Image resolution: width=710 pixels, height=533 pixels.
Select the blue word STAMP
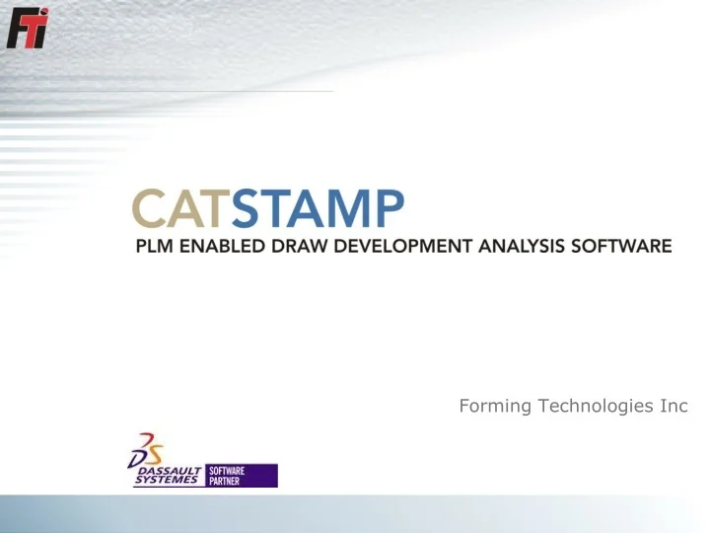[318, 210]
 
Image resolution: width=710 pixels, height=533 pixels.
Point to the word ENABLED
[222, 246]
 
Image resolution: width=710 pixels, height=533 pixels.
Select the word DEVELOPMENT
[404, 246]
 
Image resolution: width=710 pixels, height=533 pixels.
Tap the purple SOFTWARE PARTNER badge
[242, 476]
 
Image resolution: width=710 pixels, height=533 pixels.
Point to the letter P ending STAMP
[389, 210]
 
